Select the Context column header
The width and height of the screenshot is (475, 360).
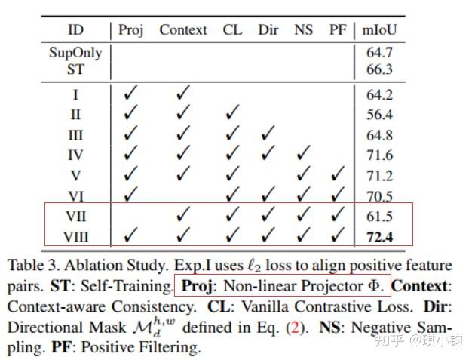click(182, 30)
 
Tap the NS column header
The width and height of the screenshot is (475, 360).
click(303, 30)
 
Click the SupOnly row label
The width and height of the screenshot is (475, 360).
click(75, 53)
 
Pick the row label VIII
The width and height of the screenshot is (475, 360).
click(75, 238)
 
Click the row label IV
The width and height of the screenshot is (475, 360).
click(75, 156)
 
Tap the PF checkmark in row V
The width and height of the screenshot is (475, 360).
click(337, 176)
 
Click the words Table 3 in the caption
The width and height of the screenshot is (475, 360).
click(32, 266)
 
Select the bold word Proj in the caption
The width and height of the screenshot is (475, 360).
click(198, 288)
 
